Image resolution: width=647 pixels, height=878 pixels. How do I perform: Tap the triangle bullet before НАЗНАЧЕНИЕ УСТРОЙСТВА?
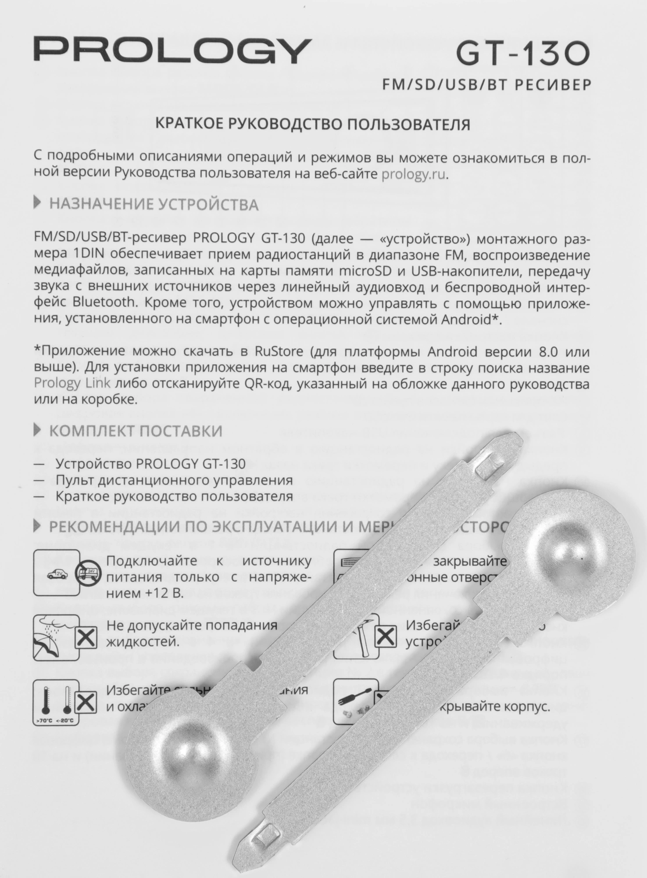point(39,203)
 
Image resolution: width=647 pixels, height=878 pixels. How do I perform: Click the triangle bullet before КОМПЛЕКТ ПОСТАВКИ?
point(39,430)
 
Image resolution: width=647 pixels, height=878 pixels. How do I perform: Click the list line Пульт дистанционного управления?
point(174,480)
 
